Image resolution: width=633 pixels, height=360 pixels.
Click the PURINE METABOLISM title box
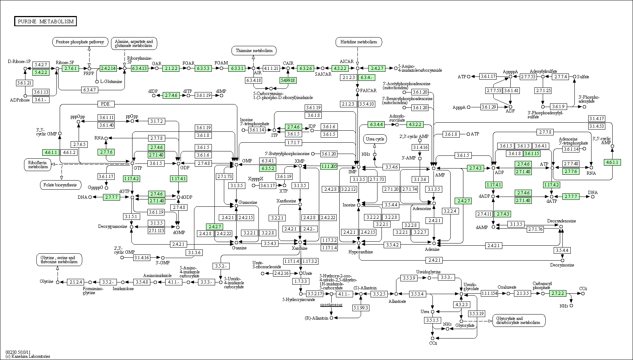(x=46, y=21)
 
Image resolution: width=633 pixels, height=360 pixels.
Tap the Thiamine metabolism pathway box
(x=254, y=51)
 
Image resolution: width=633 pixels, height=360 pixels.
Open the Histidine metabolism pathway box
(x=359, y=42)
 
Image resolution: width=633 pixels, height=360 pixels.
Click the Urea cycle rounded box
(x=375, y=139)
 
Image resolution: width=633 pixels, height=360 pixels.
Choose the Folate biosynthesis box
(x=60, y=185)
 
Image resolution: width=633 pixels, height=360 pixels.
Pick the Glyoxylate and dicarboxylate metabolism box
(x=519, y=320)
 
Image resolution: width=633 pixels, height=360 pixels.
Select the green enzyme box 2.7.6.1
(x=70, y=68)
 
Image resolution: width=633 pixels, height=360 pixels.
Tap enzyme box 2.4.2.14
(x=108, y=68)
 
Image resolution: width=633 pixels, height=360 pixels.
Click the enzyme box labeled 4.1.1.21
(x=271, y=68)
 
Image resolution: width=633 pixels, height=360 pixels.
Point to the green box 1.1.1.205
(x=329, y=166)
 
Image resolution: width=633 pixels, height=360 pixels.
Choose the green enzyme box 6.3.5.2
(x=268, y=169)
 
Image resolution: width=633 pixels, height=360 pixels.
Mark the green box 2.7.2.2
(x=558, y=293)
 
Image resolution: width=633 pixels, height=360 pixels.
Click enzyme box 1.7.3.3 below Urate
(x=301, y=281)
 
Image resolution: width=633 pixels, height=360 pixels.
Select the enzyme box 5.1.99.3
(x=361, y=308)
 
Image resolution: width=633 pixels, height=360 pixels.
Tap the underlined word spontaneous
(x=331, y=305)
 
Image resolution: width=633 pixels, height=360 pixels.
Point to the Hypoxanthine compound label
(x=361, y=252)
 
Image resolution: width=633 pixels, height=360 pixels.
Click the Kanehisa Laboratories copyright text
(x=28, y=356)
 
